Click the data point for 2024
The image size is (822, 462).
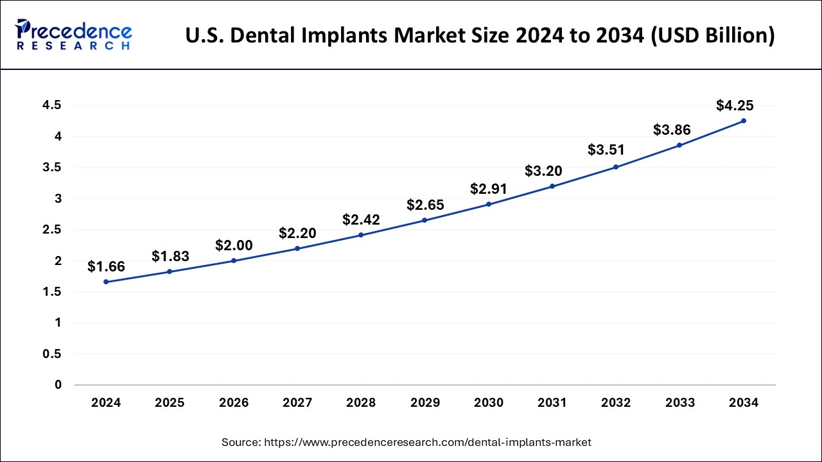click(106, 282)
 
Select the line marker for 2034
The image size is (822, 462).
click(744, 121)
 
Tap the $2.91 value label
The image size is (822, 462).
click(489, 189)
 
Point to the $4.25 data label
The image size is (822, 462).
click(735, 106)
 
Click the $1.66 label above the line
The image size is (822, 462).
click(106, 266)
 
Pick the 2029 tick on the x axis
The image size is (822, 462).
click(424, 403)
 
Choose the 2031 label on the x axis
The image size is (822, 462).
click(552, 403)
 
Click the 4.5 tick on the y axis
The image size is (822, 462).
click(53, 105)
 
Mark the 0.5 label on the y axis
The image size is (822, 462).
click(53, 354)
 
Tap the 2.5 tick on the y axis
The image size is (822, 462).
click(53, 230)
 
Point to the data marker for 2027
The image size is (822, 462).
click(297, 248)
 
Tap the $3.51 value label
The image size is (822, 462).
click(606, 150)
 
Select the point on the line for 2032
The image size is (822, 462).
click(616, 167)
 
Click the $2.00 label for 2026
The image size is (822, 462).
click(234, 245)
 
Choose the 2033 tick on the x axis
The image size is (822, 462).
click(679, 403)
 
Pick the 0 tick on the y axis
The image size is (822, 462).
click(58, 385)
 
